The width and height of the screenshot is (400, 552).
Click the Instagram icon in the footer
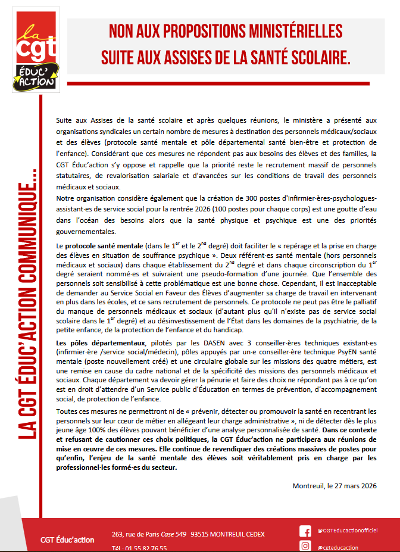[x=305, y=546]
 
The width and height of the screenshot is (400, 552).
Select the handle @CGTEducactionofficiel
[x=352, y=531]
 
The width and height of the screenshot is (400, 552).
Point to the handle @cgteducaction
[x=338, y=547]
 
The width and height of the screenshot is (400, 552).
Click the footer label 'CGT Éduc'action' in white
[x=67, y=539]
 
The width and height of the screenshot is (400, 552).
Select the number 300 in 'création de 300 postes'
[x=222, y=197]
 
